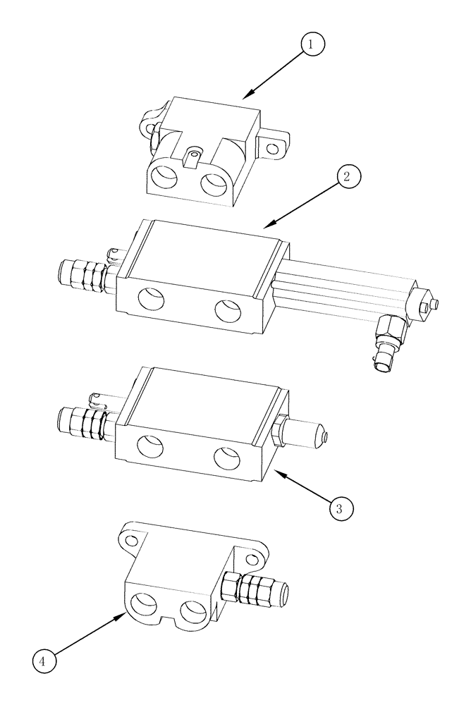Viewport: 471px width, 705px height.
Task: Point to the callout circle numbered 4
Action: [x=44, y=661]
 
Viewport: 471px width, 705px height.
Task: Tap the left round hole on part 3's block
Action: [x=149, y=446]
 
